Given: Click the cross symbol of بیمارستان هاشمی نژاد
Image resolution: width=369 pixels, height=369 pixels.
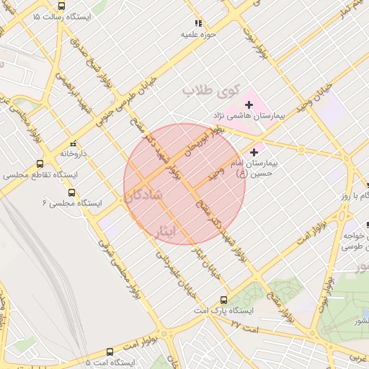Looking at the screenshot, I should point(249,105).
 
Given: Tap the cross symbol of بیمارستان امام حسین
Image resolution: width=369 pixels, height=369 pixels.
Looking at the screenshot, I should point(253,152).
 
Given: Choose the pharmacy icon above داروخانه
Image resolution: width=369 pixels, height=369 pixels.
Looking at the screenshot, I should point(73,143).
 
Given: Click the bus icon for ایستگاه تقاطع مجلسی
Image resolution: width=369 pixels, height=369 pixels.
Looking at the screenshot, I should point(40,164).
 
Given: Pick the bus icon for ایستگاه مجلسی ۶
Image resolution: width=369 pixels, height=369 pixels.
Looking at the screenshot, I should point(71,192).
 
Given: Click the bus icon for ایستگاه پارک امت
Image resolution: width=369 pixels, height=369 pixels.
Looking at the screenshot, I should point(223,300).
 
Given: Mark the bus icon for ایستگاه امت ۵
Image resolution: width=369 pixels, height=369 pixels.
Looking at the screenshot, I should point(110,352).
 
